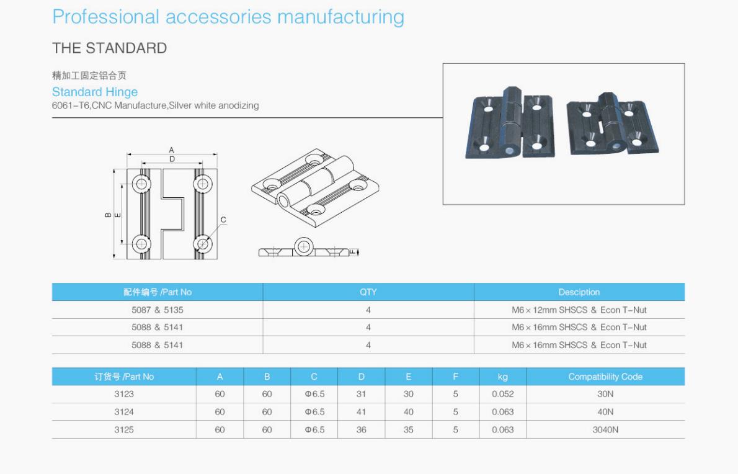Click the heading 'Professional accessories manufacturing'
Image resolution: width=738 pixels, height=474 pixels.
228,17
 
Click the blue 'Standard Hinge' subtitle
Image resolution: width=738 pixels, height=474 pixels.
95,92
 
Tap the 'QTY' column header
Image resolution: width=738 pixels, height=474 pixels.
368,292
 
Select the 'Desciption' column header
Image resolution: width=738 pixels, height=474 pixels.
579,292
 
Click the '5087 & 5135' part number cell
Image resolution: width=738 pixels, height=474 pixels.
158,310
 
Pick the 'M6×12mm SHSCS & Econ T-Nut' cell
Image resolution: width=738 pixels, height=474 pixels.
579,310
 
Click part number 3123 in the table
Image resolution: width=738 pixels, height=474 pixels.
124,394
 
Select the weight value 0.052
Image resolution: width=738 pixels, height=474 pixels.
502,394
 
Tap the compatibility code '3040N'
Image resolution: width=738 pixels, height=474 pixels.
605,429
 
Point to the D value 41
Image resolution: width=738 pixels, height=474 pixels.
362,411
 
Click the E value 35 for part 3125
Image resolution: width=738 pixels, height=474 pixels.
408,429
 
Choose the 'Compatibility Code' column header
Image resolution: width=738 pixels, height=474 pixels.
605,377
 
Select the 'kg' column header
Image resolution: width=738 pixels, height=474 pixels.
502,377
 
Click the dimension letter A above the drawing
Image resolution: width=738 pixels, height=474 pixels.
172,150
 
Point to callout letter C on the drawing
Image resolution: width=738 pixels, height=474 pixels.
223,220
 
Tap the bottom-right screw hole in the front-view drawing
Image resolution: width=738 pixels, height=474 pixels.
202,243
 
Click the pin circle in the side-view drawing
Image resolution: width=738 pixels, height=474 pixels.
303,246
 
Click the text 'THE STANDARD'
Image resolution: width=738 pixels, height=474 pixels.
109,48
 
